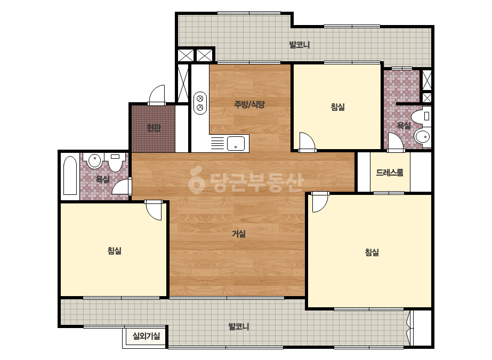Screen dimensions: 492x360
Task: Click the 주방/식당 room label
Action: [x=249, y=104]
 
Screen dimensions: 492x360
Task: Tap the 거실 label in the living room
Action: [x=239, y=234]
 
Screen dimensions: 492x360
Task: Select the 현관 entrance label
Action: [x=154, y=128]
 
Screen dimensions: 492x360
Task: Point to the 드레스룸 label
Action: [x=390, y=173]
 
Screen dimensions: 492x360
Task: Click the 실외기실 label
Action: [x=146, y=336]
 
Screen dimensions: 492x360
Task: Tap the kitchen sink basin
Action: [x=236, y=143]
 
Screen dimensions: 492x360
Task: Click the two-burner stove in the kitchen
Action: [x=200, y=103]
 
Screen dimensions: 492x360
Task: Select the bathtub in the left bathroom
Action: [x=70, y=176]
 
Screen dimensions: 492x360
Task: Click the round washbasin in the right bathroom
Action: [x=422, y=137]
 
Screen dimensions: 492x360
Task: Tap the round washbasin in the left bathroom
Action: [x=94, y=161]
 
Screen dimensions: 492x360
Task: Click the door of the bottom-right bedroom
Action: [x=320, y=202]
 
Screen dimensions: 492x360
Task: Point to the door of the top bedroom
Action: [x=307, y=142]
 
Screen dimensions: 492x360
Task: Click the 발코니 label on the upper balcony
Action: [x=300, y=45]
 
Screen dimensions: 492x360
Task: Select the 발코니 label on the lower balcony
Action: [x=239, y=326]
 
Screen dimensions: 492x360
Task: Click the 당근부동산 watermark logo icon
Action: [x=196, y=181]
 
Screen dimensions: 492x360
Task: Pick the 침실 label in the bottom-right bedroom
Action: [x=372, y=252]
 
